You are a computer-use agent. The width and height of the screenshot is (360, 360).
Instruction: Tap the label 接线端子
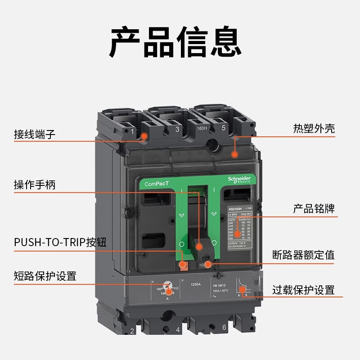(35, 134)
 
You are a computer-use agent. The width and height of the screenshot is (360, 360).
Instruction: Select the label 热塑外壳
(314, 129)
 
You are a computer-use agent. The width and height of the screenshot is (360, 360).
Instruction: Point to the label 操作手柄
(35, 184)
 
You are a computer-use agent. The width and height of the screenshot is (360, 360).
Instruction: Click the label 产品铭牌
(314, 208)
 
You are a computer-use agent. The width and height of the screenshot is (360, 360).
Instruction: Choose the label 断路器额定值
(303, 255)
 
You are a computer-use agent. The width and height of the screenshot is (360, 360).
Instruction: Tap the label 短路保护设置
(45, 276)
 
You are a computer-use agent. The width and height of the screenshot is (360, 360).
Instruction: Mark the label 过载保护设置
(303, 290)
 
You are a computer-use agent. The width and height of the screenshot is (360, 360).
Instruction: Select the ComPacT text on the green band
(157, 184)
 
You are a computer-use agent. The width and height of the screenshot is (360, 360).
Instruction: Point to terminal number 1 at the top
(132, 132)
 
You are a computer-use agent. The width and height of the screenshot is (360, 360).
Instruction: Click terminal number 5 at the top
(224, 128)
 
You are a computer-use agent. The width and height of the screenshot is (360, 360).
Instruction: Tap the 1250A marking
(195, 284)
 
